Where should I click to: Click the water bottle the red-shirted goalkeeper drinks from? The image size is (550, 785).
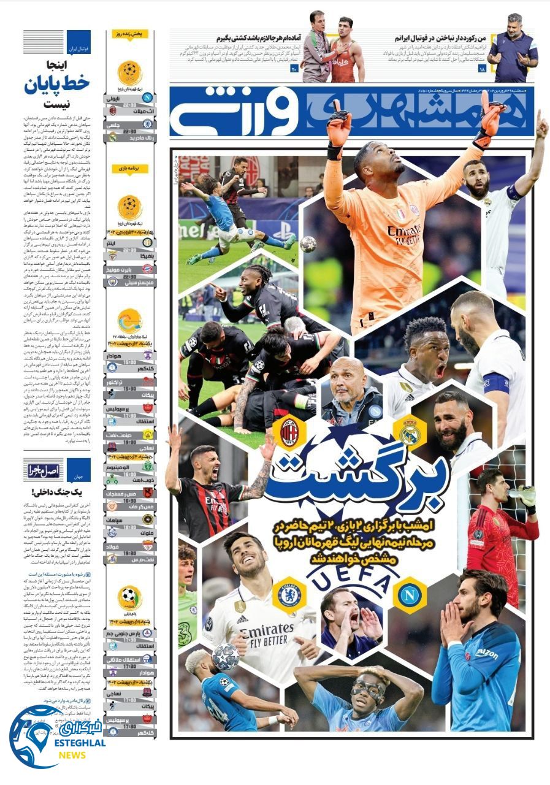point(524,494)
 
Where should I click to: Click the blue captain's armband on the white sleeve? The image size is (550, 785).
point(496,383)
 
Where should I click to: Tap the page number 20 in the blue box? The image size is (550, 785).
point(294,68)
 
